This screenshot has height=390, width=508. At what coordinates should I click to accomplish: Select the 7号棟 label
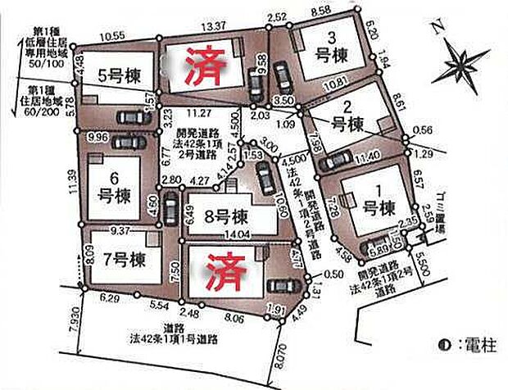(x=125, y=261)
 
